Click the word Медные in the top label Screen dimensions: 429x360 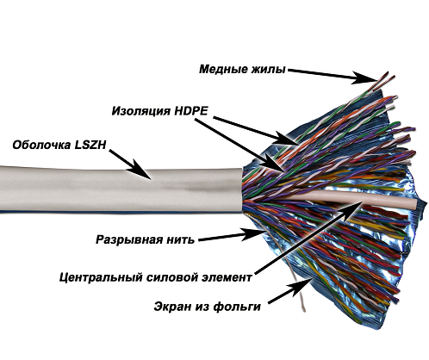pyautogui.click(x=224, y=69)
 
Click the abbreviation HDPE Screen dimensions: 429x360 pyautogui.click(x=191, y=110)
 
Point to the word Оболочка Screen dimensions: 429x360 pyautogui.click(x=41, y=145)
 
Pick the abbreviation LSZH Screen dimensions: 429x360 pyautogui.click(x=90, y=145)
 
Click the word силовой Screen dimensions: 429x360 pyautogui.click(x=173, y=277)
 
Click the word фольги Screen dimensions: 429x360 pyautogui.click(x=237, y=307)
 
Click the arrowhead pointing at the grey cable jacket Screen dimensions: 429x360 pyautogui.click(x=140, y=170)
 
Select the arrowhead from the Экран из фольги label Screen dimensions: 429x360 pyautogui.click(x=301, y=287)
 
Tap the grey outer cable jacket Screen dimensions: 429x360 pyautogui.click(x=121, y=189)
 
